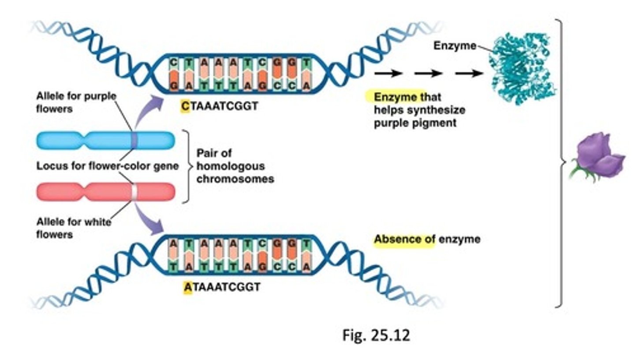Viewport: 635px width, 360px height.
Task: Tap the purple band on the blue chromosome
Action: tap(135, 140)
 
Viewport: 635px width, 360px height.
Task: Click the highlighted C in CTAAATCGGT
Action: tap(185, 106)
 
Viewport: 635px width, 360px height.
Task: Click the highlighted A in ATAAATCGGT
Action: tap(187, 287)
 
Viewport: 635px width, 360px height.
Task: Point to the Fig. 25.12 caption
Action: tap(376, 335)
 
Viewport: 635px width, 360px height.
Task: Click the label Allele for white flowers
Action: tap(73, 228)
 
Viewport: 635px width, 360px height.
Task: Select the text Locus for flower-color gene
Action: tap(107, 166)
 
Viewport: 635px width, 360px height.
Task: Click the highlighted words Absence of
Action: tap(404, 239)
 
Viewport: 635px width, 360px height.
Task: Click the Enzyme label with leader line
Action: tap(454, 45)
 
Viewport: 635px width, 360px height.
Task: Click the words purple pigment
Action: tap(415, 123)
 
